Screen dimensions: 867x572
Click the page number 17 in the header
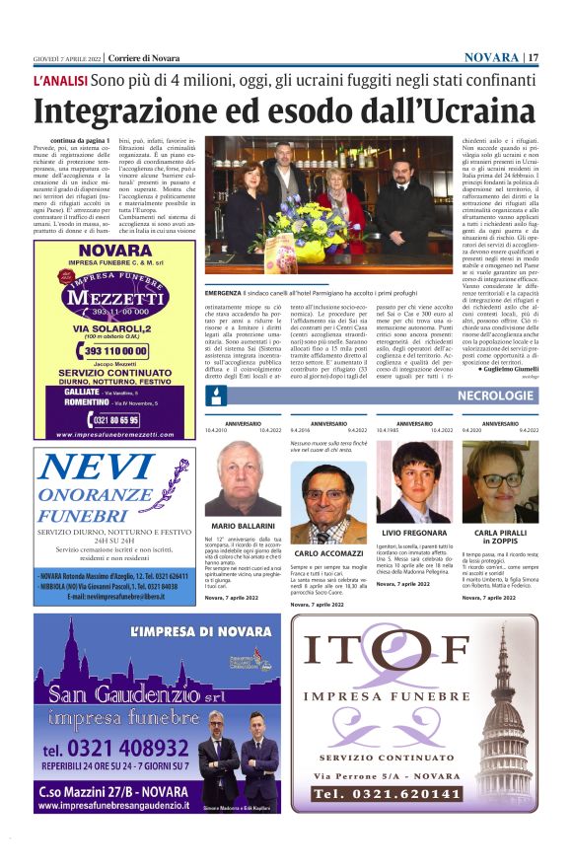(533, 57)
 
